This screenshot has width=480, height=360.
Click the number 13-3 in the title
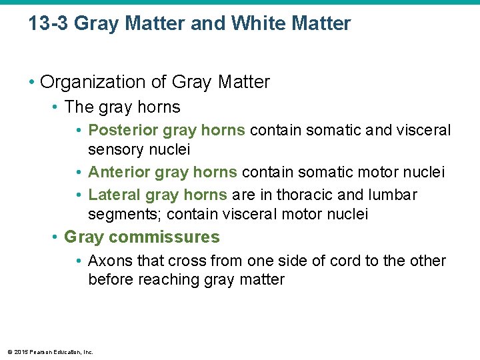tap(48, 24)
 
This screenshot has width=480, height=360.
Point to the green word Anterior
tap(119, 173)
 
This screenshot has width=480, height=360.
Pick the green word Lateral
tap(113, 195)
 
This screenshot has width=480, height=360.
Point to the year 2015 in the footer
tap(20, 352)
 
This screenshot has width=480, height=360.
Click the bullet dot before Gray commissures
tap(55, 237)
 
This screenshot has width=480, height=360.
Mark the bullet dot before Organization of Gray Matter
tap(31, 83)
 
